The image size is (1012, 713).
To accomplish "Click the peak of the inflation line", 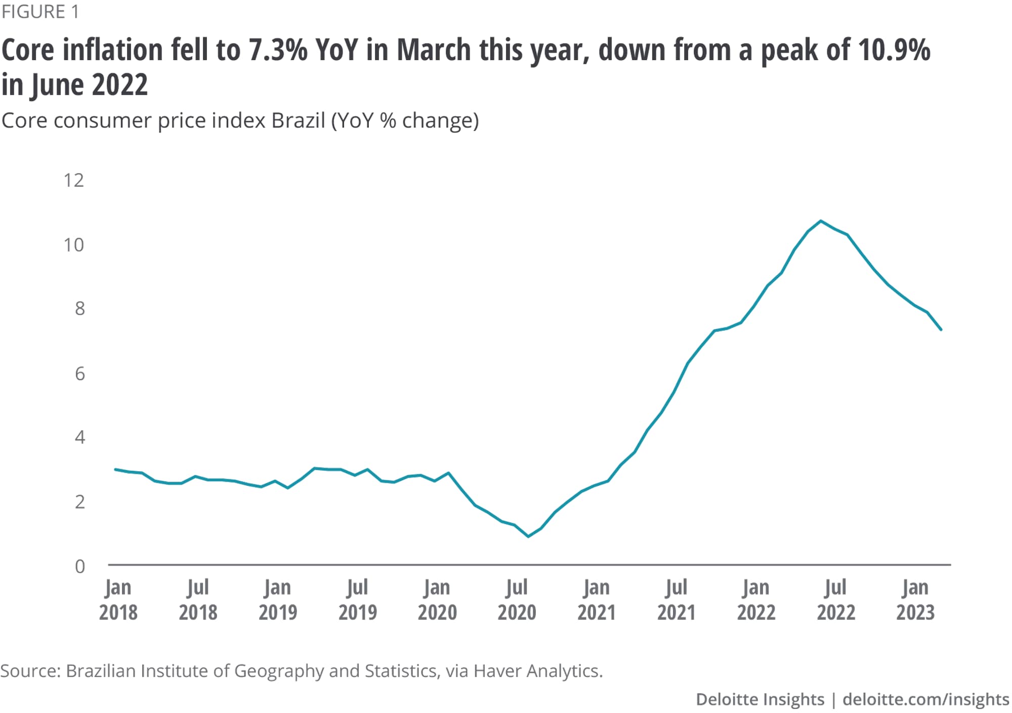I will click(821, 221).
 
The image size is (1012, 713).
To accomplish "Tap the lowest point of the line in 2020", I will click(528, 536).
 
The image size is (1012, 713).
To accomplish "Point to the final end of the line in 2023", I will click(941, 330).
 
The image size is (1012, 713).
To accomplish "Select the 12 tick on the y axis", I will click(74, 180).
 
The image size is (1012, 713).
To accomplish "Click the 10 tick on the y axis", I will click(74, 245).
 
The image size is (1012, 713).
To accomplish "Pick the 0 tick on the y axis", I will click(80, 566).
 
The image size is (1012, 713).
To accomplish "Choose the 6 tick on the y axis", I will click(80, 374).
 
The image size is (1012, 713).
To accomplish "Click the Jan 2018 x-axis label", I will click(118, 600).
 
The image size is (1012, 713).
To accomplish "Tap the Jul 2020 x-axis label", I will click(517, 600).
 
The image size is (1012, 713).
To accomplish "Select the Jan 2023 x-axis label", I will click(915, 600).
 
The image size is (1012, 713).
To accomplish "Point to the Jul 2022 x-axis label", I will click(836, 600).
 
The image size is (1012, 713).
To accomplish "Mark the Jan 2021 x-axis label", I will click(597, 600).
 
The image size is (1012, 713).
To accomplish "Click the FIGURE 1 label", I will click(40, 12).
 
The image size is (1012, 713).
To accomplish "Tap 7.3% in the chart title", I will click(278, 50).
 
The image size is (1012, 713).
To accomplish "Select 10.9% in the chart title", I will click(894, 50).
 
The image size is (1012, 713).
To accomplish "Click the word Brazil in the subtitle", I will click(298, 120).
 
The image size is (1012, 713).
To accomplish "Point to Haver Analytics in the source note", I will click(538, 670).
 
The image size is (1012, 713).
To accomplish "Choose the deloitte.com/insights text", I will click(925, 699).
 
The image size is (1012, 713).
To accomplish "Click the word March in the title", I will click(434, 50).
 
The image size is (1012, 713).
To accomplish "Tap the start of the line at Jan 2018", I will click(116, 470).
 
